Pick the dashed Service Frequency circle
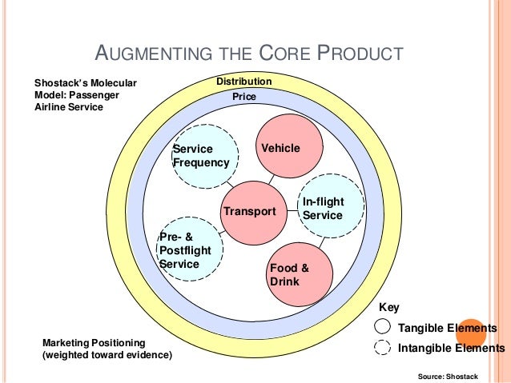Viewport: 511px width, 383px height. [x=206, y=156]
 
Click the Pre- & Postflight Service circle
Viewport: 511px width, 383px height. [x=191, y=250]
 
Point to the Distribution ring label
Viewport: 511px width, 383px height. [x=244, y=82]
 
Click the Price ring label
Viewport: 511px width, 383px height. [x=243, y=97]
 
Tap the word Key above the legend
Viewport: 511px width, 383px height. [x=388, y=307]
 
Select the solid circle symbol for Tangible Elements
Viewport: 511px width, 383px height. [x=383, y=328]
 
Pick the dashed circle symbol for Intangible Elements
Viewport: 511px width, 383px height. [x=383, y=348]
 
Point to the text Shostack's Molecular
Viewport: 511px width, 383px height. [x=85, y=82]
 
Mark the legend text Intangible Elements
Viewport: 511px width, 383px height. [x=451, y=348]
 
